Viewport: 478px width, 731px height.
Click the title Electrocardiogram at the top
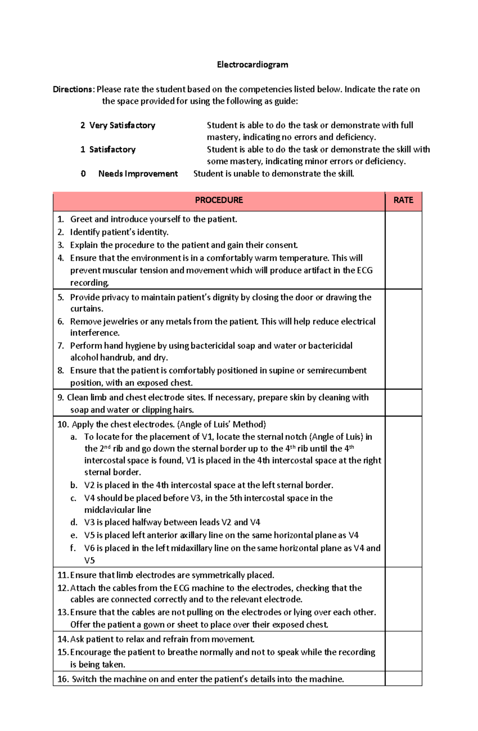tap(252, 65)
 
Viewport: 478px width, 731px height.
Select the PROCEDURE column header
tap(219, 200)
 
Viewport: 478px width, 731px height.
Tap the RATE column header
tap(403, 200)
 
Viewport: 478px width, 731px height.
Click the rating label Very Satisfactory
tap(122, 125)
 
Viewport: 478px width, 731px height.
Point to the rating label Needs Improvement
tap(138, 174)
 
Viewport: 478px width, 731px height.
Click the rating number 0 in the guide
tap(83, 174)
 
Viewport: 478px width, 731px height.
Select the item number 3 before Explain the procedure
tap(61, 245)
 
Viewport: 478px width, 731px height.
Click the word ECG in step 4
tap(364, 270)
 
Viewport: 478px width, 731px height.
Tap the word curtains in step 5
tap(86, 309)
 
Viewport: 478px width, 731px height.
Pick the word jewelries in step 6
tap(120, 321)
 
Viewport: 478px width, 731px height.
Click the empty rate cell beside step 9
tap(403, 403)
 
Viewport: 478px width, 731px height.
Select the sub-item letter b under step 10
tap(74, 485)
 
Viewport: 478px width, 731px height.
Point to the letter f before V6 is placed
tap(73, 548)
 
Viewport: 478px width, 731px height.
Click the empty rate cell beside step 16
tap(403, 678)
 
